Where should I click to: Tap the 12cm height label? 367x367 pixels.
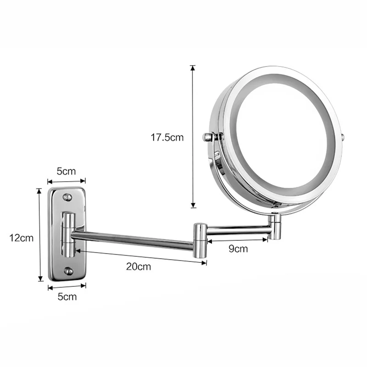point(22,238)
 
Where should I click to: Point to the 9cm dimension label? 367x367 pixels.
point(238,249)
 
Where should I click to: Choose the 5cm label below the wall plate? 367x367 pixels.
point(67,296)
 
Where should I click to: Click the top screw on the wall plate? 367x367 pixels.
point(67,197)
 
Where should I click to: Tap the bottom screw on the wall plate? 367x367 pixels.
point(68,271)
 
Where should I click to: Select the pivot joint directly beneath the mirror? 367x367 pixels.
point(275,227)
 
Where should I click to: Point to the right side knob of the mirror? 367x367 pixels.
point(343,137)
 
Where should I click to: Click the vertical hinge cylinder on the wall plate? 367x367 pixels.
point(67,234)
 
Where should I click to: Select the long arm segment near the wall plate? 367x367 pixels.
point(133,241)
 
